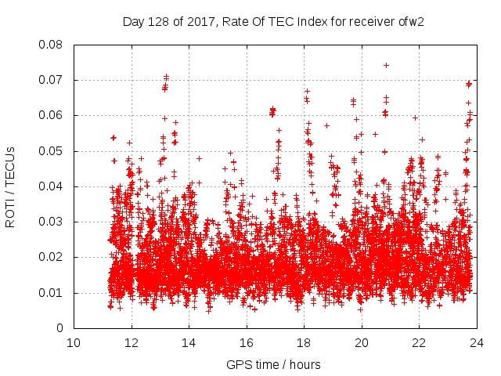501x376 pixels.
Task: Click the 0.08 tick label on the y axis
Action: tap(52, 45)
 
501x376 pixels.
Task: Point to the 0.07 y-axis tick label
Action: tap(52, 80)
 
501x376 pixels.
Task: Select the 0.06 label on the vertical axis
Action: tap(52, 115)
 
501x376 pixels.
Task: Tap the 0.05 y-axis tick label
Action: tap(52, 151)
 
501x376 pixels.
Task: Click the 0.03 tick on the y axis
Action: tap(52, 222)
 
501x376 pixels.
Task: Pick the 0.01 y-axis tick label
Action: tap(52, 293)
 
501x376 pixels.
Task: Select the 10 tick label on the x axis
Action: tap(74, 342)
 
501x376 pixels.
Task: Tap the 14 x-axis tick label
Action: tap(189, 342)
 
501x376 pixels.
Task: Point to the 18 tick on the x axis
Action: tap(304, 342)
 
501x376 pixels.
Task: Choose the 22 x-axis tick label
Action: tap(419, 342)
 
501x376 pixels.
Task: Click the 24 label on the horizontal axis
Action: tap(477, 342)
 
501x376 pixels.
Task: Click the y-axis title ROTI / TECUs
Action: tap(10, 186)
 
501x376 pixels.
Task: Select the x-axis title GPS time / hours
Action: tap(273, 364)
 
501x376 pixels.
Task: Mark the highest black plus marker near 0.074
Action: tap(387, 65)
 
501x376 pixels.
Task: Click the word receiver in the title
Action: tap(362, 21)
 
